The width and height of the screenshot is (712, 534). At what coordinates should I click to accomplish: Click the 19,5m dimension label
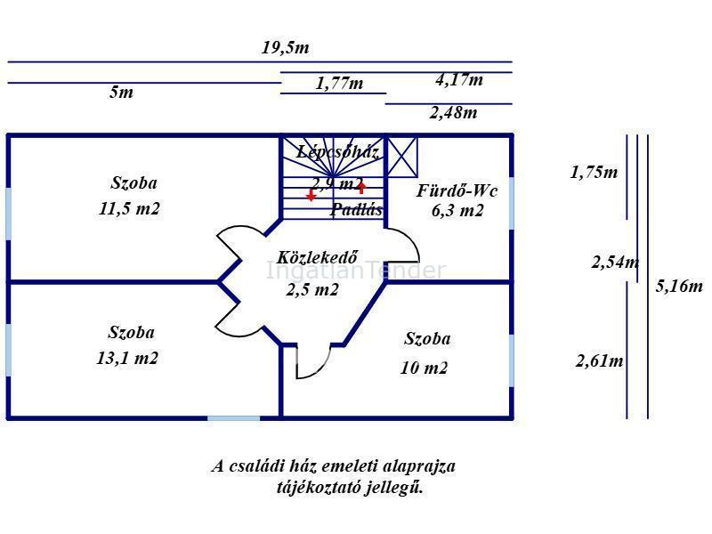pyautogui.click(x=285, y=48)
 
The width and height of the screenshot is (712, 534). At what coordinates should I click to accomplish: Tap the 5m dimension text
pyautogui.click(x=121, y=93)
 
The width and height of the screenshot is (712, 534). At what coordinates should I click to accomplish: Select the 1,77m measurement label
pyautogui.click(x=339, y=83)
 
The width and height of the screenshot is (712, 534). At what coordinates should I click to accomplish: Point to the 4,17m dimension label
pyautogui.click(x=459, y=80)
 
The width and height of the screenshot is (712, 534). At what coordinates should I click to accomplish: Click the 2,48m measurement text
pyautogui.click(x=453, y=113)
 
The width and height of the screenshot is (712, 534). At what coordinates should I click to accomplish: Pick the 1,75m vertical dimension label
pyautogui.click(x=594, y=172)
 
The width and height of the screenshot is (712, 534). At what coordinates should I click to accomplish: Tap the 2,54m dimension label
pyautogui.click(x=615, y=262)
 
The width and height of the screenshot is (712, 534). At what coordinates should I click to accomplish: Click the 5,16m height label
pyautogui.click(x=679, y=286)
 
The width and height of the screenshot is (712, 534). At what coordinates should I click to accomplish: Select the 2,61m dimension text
pyautogui.click(x=599, y=361)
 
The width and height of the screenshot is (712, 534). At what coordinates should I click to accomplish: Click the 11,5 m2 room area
pyautogui.click(x=129, y=208)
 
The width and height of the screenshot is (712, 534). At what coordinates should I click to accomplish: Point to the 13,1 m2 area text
pyautogui.click(x=127, y=358)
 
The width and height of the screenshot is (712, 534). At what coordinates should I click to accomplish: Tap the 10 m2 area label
pyautogui.click(x=424, y=368)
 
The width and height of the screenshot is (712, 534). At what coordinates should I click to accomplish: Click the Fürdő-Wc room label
pyautogui.click(x=457, y=190)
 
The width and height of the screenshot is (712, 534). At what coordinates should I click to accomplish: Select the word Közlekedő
pyautogui.click(x=318, y=257)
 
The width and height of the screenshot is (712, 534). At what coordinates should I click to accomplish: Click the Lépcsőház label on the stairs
pyautogui.click(x=338, y=151)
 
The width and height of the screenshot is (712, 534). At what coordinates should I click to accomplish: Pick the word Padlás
pyautogui.click(x=357, y=209)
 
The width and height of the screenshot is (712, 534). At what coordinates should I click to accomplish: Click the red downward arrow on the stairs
pyautogui.click(x=311, y=195)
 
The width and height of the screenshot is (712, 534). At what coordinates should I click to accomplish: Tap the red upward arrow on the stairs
pyautogui.click(x=361, y=187)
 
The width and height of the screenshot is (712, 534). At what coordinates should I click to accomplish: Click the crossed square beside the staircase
pyautogui.click(x=402, y=157)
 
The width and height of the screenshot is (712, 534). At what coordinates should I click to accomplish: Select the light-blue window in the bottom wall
pyautogui.click(x=234, y=417)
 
